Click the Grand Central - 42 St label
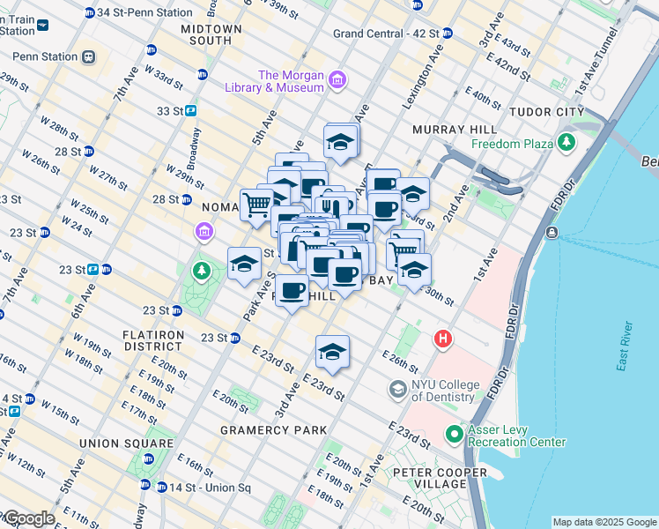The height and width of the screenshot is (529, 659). [386, 34]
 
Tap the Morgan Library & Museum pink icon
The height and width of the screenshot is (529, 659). [337, 81]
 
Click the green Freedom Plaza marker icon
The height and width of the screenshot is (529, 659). [566, 143]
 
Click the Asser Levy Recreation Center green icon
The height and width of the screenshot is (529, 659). [454, 434]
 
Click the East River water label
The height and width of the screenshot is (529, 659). [626, 349]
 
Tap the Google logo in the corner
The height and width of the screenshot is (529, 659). [28, 519]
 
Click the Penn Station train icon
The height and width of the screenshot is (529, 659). [87, 57]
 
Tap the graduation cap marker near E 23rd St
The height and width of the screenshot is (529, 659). [332, 352]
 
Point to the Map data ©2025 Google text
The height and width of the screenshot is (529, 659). [604, 522]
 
